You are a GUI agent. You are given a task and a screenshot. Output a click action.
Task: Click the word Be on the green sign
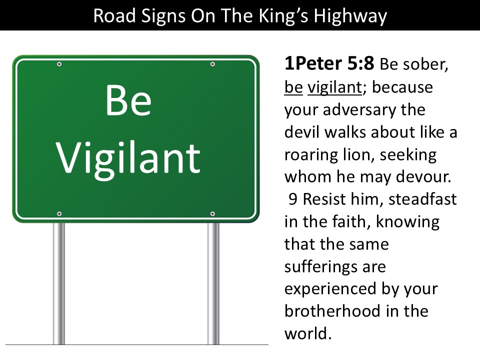click(x=128, y=100)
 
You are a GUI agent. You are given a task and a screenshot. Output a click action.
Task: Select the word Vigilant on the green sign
click(x=128, y=158)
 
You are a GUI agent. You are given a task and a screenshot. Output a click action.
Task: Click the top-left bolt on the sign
click(x=59, y=64)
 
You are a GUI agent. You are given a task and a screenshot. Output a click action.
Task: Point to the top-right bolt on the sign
click(x=212, y=64)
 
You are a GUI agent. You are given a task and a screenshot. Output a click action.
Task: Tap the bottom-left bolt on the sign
click(x=59, y=213)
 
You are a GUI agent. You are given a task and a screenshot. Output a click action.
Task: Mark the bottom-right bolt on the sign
click(x=212, y=213)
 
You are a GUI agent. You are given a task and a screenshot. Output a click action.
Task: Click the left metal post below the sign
click(x=59, y=283)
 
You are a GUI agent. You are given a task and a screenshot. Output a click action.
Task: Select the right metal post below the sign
click(x=213, y=283)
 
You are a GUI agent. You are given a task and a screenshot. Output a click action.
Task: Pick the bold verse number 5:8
click(x=360, y=63)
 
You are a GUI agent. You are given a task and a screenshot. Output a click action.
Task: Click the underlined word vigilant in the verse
click(x=335, y=87)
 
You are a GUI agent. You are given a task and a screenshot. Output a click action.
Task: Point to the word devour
click(x=423, y=177)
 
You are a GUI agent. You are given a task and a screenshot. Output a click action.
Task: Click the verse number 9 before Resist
click(x=293, y=199)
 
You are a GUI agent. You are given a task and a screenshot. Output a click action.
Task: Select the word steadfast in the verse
click(x=422, y=199)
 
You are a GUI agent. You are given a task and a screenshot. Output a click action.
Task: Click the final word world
click(x=308, y=333)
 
